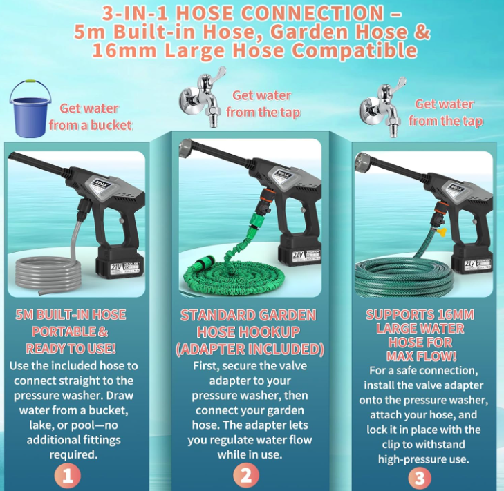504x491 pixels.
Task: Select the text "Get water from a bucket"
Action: (90, 117)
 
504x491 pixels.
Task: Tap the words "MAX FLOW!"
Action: (420, 356)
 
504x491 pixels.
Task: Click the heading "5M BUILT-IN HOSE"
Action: (71, 315)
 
